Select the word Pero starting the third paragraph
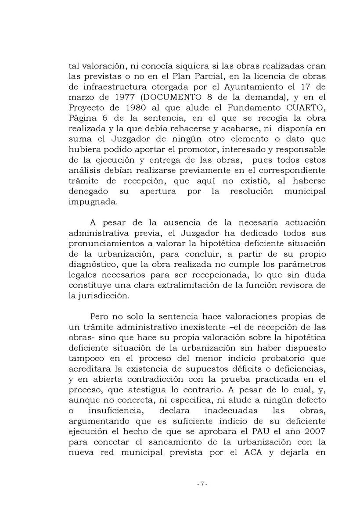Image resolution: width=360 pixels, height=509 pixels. (99, 316)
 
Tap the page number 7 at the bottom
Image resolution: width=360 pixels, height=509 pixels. (202, 484)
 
